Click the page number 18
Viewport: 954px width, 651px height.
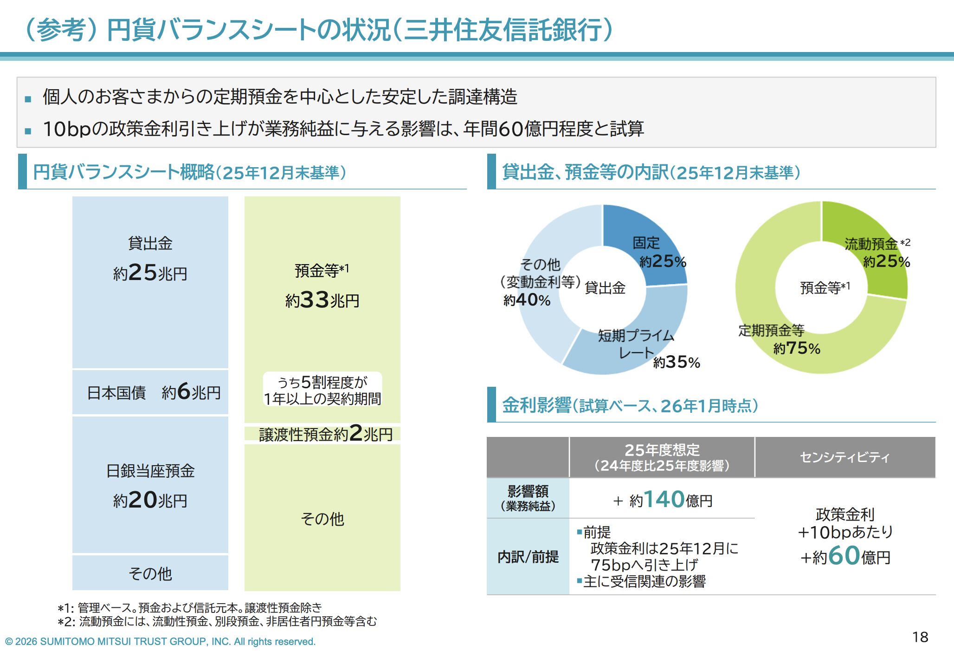920,637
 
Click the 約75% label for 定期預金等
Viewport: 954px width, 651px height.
797,348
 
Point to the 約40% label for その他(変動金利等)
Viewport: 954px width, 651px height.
527,300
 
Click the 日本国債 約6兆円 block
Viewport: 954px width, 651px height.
150,392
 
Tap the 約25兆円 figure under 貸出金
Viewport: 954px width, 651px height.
150,273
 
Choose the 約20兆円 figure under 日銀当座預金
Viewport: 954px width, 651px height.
150,500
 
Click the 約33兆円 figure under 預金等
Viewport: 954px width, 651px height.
322,300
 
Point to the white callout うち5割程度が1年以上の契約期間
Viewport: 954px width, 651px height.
322,390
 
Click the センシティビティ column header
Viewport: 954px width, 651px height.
844,457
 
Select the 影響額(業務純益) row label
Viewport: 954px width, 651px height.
528,498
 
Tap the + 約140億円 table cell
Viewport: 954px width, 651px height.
662,500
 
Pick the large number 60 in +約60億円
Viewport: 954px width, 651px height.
844,555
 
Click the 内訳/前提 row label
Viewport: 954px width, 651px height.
528,557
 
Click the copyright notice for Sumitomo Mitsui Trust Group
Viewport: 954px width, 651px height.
160,642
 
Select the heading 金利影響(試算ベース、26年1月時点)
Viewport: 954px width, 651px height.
630,406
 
